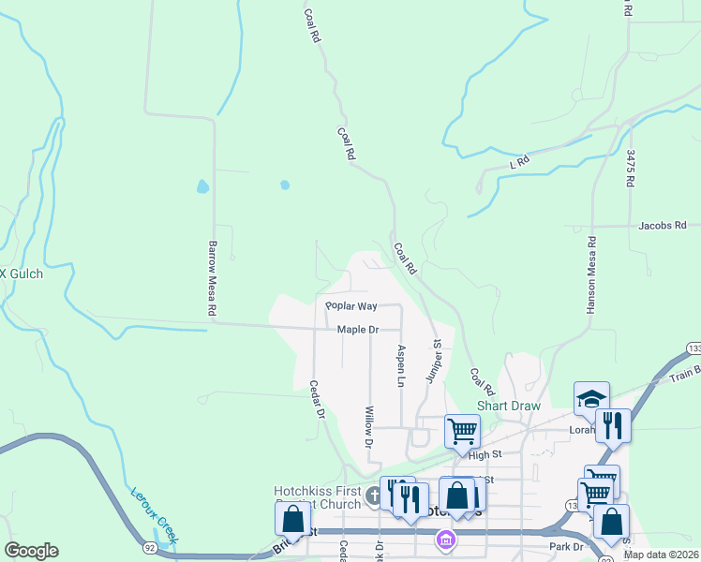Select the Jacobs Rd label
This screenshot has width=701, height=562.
tap(663, 225)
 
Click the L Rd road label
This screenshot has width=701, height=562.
tap(519, 161)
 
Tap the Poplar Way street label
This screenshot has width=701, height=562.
tap(350, 306)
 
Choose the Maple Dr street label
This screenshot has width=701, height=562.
tap(358, 330)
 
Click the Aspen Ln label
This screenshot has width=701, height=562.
tap(401, 366)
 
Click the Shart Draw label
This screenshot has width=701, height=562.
tap(509, 406)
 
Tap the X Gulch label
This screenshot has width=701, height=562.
tap(21, 274)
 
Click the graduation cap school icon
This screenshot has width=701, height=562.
tap(592, 399)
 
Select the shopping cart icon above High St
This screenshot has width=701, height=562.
tap(462, 432)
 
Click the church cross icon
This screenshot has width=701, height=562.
tap(374, 497)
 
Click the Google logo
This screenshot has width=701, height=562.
tap(32, 551)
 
